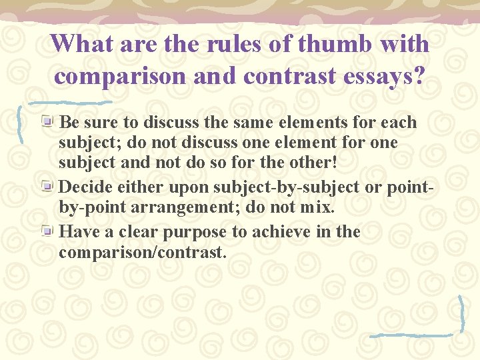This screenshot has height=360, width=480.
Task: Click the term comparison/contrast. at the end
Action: (x=143, y=252)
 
